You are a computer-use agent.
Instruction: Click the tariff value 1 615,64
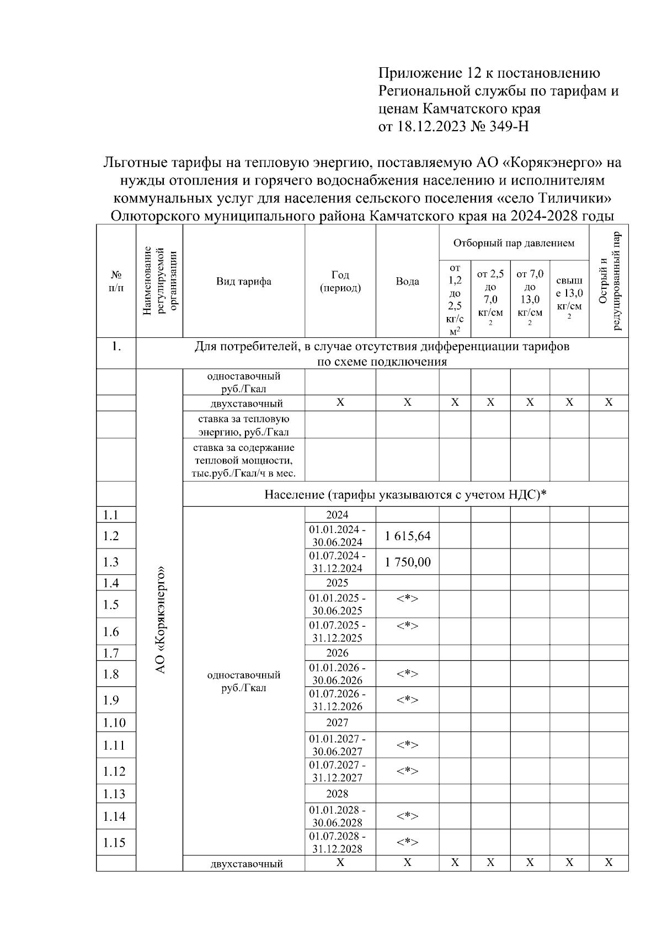[x=408, y=536]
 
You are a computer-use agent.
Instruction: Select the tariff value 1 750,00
[x=408, y=562]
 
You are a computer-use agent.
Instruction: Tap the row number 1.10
[x=114, y=723]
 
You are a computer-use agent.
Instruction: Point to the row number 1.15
[x=114, y=842]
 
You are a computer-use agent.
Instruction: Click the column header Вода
[x=407, y=281]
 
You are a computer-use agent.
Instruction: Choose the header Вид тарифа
[x=243, y=281]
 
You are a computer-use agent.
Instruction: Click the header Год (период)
[x=340, y=281]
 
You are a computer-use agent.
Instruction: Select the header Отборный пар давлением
[x=514, y=243]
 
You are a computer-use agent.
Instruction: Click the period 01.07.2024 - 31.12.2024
[x=337, y=562]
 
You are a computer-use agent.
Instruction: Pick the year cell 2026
[x=337, y=653]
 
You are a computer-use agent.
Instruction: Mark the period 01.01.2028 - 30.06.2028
[x=337, y=816]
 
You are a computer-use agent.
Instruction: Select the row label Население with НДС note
[x=405, y=494]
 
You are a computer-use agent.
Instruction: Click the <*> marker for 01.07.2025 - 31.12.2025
[x=408, y=626]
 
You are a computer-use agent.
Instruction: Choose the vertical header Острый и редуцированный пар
[x=609, y=281]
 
